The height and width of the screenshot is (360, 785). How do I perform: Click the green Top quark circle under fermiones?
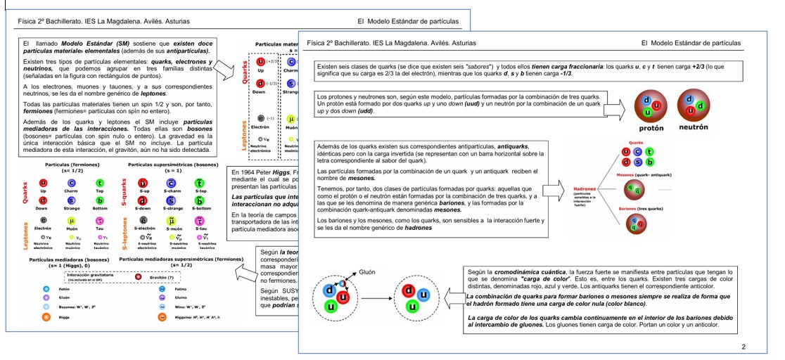point(100,183)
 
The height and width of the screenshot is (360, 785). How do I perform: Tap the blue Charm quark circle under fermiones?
point(71,183)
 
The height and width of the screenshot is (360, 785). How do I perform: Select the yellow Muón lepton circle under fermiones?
point(71,221)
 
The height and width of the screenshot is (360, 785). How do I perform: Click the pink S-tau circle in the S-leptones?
point(200,221)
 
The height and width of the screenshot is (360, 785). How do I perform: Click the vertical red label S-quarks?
point(125,193)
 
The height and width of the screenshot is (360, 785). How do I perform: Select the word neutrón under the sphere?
point(693,128)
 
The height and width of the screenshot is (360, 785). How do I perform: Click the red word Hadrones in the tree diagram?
point(585,189)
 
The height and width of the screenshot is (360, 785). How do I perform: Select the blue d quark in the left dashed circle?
point(328,290)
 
